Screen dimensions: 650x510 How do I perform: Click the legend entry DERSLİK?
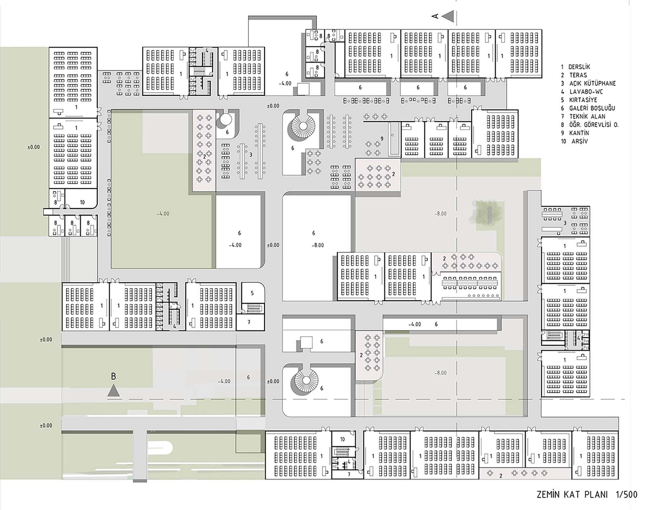point(579,67)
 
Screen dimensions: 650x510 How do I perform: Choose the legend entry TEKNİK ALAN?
point(587,117)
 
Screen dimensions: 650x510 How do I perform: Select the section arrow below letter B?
point(113,391)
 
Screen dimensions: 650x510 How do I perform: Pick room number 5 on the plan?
point(252,293)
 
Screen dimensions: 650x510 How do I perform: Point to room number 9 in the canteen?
point(382,139)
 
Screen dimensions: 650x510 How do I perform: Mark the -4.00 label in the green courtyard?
point(163,214)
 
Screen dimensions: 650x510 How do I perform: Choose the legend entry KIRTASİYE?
point(583,100)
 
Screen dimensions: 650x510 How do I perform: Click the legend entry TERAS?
point(578,75)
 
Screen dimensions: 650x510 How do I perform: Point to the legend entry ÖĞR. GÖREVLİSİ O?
point(594,125)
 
